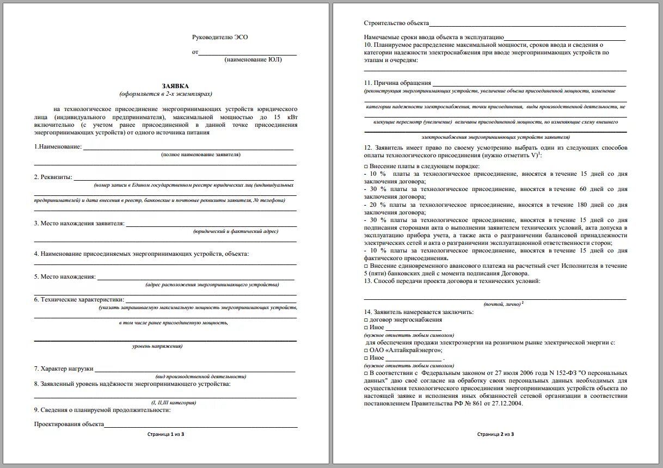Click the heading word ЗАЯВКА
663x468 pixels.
click(175, 86)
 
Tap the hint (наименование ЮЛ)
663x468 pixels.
click(253, 60)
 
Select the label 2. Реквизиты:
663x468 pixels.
click(53, 177)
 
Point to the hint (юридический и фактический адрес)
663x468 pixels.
click(236, 231)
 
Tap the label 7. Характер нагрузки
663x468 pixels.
click(63, 368)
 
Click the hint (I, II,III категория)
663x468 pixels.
click(174, 403)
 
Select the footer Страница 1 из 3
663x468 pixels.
click(166, 434)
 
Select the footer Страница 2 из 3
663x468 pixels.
click(495, 434)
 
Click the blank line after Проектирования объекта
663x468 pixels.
click(201, 425)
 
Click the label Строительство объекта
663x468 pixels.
click(396, 24)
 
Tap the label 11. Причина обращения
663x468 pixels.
click(397, 83)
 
